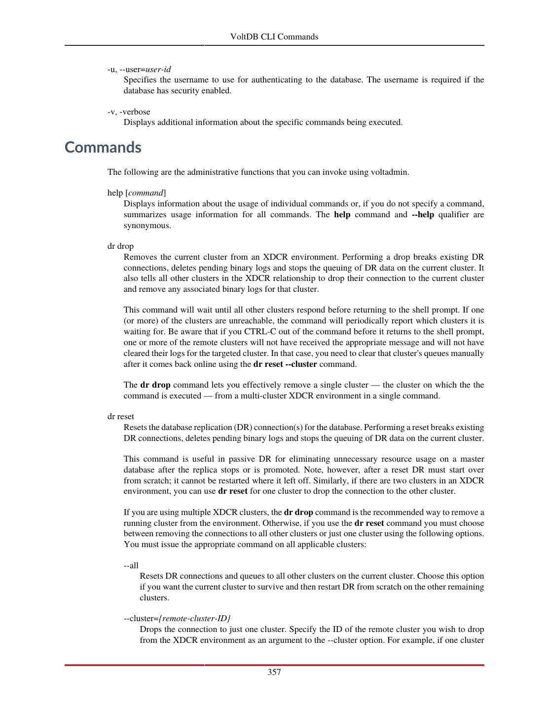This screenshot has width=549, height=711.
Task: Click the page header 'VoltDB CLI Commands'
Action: [274, 37]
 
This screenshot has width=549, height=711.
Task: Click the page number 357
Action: [274, 672]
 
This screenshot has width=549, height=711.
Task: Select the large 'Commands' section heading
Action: [103, 147]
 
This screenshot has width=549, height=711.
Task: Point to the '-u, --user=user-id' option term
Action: [139, 69]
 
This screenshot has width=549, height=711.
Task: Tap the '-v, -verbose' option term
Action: [129, 112]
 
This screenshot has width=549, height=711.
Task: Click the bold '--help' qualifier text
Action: [423, 215]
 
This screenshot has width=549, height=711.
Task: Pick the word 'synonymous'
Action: [146, 226]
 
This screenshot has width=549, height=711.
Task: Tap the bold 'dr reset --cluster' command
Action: [285, 364]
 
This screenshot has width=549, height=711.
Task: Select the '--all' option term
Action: [131, 565]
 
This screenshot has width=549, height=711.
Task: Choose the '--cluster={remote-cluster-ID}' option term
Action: [177, 619]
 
